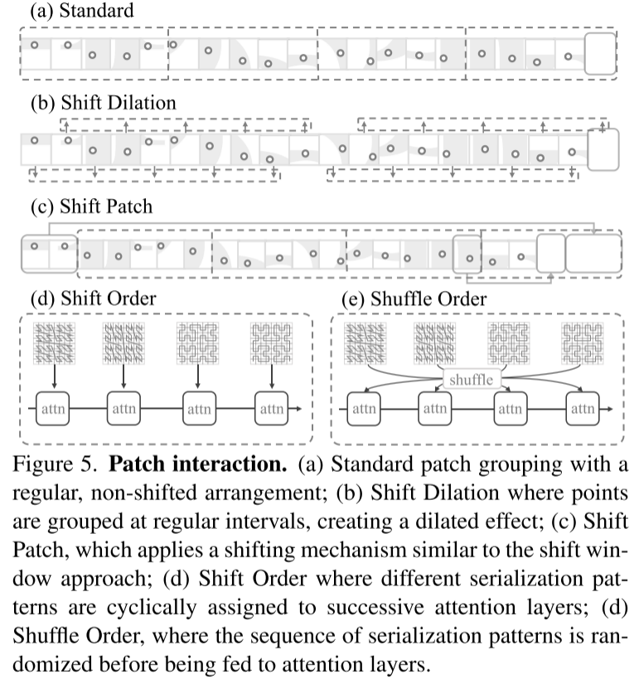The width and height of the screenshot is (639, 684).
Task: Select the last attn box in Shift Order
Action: (x=271, y=409)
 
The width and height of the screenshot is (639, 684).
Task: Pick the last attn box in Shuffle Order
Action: (x=582, y=409)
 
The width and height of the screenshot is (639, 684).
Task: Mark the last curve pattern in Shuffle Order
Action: (x=582, y=343)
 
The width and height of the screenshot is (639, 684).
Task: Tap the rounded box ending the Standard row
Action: (x=600, y=54)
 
